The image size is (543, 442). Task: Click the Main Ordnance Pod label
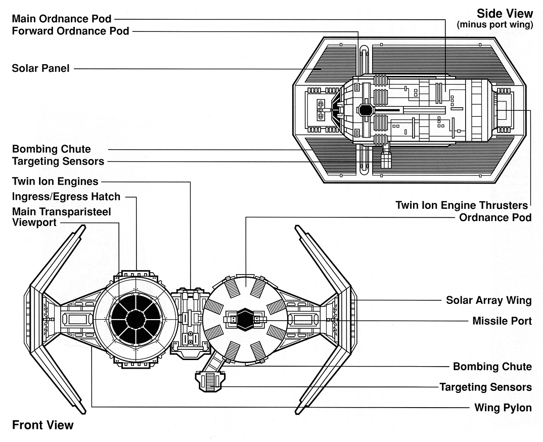point(62,19)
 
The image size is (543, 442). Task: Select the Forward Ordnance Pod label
point(70,31)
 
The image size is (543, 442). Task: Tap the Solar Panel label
point(41,68)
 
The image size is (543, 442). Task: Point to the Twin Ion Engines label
point(55,181)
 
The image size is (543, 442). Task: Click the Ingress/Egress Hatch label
point(66,196)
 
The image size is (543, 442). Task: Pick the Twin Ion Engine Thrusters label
point(462,205)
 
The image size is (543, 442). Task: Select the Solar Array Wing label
point(488,300)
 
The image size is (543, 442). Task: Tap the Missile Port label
point(502,321)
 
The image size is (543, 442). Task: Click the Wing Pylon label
point(503,408)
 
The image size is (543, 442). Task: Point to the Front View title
point(42,425)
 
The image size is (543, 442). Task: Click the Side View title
point(505,14)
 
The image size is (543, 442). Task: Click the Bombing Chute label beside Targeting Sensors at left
point(52,149)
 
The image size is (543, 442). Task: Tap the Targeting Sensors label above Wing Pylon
point(485,387)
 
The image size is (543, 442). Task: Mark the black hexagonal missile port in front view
point(246,319)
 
